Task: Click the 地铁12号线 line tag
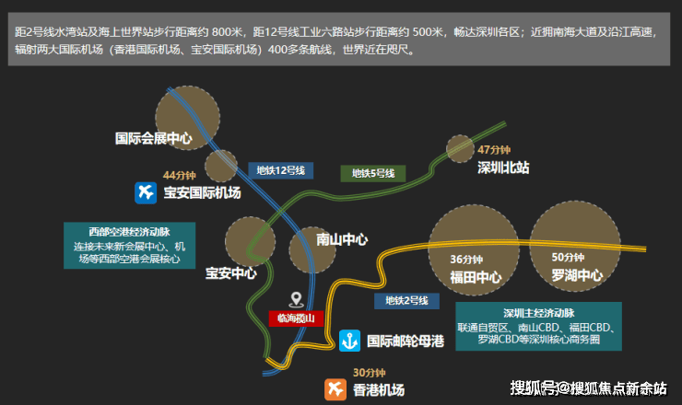[281, 169]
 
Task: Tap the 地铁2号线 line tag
[406, 300]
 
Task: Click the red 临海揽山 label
[296, 318]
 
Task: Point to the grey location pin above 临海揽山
[296, 299]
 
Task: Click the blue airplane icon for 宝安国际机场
[145, 192]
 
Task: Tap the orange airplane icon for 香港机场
[335, 389]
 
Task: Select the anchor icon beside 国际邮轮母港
[349, 340]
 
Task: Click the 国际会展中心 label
[153, 139]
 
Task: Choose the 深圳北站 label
[503, 168]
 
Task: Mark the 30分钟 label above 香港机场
[368, 373]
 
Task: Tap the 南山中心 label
[342, 239]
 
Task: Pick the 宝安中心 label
[230, 272]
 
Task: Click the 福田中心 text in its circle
[476, 275]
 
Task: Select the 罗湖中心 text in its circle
[577, 275]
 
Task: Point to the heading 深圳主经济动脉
[538, 312]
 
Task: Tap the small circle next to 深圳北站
[460, 147]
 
